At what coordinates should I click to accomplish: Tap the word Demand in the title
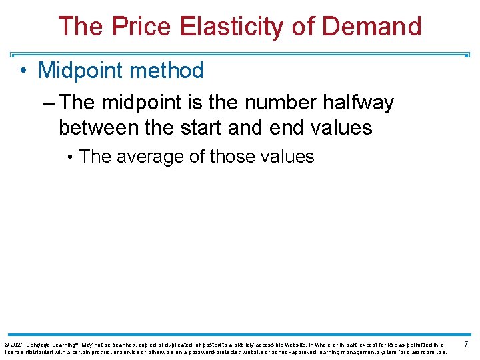(373, 27)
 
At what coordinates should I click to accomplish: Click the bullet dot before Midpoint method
(23, 71)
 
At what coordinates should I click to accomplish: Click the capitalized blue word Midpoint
(79, 70)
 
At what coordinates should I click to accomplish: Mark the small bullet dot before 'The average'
(70, 157)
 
